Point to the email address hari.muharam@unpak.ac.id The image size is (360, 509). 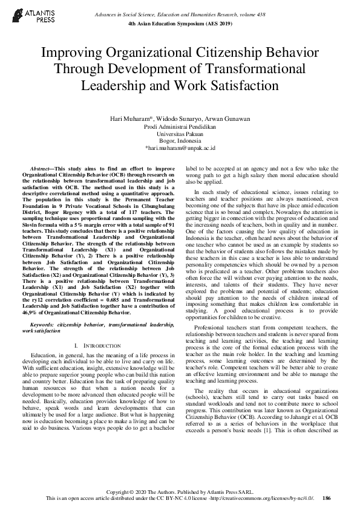coord(180,148)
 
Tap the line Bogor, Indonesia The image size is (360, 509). coord(180,140)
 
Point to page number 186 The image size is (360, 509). coord(327,498)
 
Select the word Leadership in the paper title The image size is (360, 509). coord(113,86)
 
